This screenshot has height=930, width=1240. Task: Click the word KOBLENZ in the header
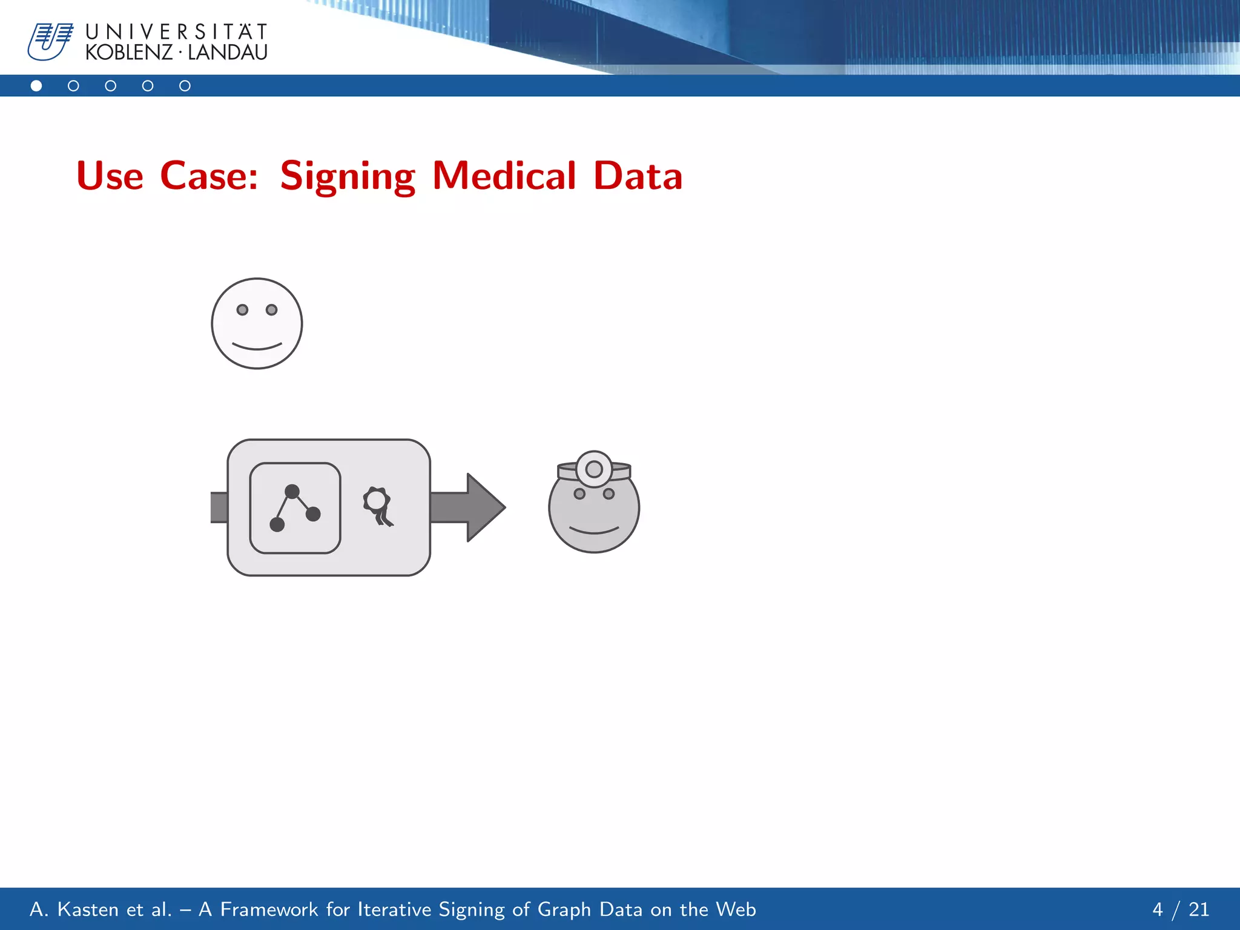(x=128, y=53)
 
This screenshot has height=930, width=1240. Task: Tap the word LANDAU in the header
(x=228, y=53)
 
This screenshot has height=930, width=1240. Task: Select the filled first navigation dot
(x=36, y=86)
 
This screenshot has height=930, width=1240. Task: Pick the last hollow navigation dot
(x=185, y=86)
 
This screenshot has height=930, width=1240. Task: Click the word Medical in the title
(x=504, y=176)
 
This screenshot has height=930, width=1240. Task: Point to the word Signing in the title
(x=348, y=176)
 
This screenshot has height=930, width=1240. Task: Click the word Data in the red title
(x=638, y=176)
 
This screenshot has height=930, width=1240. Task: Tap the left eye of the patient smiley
(x=242, y=310)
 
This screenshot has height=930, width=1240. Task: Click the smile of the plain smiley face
(x=257, y=347)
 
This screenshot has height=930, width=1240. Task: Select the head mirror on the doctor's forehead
(x=594, y=469)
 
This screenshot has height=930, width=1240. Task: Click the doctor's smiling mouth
(x=594, y=531)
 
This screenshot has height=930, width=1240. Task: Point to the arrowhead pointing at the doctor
(x=484, y=507)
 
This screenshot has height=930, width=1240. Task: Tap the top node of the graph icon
(x=292, y=491)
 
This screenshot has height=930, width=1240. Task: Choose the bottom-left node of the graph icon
(x=277, y=524)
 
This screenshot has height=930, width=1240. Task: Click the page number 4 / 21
(x=1180, y=909)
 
